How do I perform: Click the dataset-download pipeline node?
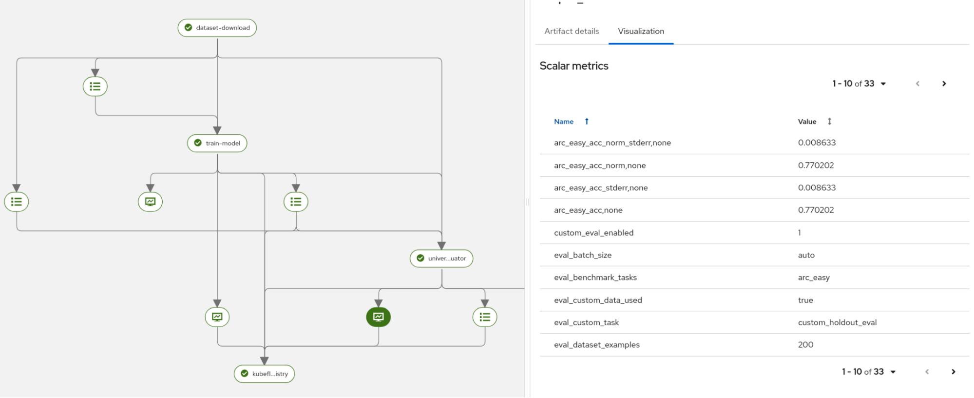[x=217, y=28]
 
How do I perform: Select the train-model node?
[x=217, y=143]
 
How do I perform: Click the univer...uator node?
[x=441, y=259]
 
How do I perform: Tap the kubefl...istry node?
[x=265, y=374]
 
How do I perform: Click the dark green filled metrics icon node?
[x=379, y=317]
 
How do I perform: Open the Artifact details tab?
[x=572, y=31]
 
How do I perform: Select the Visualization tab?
[x=641, y=31]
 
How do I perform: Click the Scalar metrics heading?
[x=573, y=66]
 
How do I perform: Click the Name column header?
[x=564, y=121]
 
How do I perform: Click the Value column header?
[x=807, y=121]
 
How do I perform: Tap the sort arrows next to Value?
[x=829, y=121]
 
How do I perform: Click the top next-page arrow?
[x=944, y=84]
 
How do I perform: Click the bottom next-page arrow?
[x=953, y=372]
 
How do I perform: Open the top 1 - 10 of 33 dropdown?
[x=859, y=84]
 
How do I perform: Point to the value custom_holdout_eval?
[x=837, y=322]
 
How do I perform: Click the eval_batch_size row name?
[x=582, y=255]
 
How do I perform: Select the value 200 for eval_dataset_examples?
[x=805, y=345]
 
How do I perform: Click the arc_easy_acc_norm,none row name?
[x=600, y=165]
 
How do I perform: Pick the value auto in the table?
[x=806, y=255]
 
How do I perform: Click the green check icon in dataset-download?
[x=189, y=28]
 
